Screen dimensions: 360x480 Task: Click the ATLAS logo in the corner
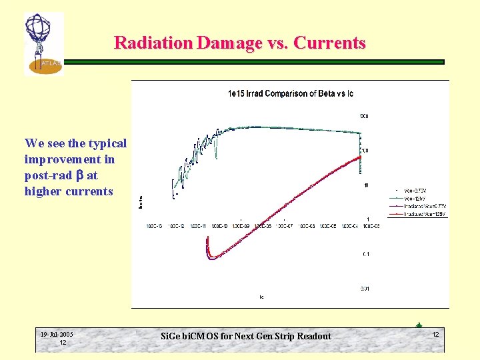(x=43, y=44)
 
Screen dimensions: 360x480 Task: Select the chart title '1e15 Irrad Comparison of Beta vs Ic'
(x=291, y=94)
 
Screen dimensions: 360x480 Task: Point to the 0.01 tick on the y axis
(x=365, y=288)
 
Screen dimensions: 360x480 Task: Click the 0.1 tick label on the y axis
(x=366, y=254)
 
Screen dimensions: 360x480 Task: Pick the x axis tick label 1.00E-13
(x=155, y=227)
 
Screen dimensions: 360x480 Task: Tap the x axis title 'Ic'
(x=261, y=297)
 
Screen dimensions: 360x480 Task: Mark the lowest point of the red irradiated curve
(x=212, y=257)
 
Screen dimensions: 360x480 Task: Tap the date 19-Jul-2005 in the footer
(x=57, y=335)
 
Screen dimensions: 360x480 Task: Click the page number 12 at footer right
(x=435, y=334)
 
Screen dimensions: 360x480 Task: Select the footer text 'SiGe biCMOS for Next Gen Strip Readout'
(x=246, y=336)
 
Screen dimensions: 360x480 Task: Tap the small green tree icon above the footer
(x=419, y=325)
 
